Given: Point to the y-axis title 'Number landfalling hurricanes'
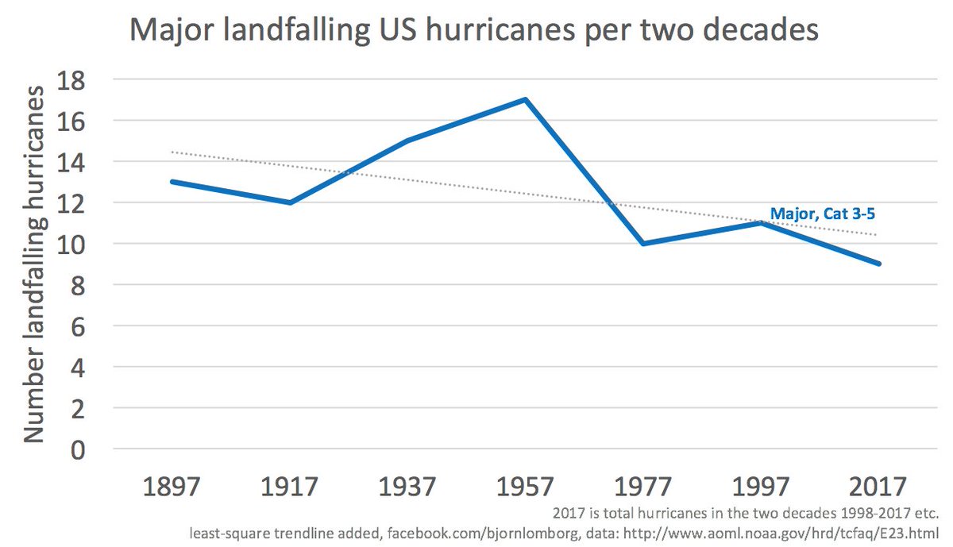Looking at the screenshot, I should [33, 264].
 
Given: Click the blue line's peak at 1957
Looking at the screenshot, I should [526, 99].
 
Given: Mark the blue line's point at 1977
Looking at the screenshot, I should [643, 244].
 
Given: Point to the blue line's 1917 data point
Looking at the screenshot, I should [290, 202].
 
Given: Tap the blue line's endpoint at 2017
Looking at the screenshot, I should [879, 264].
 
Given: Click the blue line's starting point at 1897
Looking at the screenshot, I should [172, 182].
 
